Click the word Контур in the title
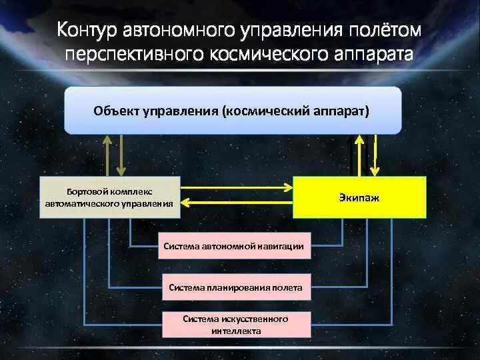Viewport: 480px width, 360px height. tap(87, 30)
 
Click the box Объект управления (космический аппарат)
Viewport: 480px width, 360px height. tap(233, 111)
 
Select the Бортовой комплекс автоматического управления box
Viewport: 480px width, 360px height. tap(110, 197)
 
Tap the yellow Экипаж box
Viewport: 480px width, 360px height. tap(359, 198)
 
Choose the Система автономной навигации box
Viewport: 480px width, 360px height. tap(234, 247)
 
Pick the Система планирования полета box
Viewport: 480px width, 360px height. tap(235, 288)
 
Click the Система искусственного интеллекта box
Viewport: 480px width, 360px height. tap(235, 325)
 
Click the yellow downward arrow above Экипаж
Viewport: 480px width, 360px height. tap(375, 155)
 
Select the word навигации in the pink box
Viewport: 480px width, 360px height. tap(281, 247)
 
